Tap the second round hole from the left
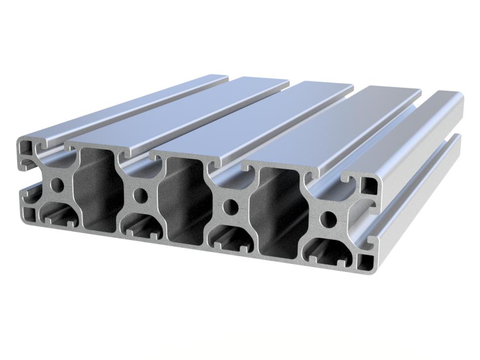point(141,195)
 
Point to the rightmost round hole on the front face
point(328,217)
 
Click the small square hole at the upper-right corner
point(367,186)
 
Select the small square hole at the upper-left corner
point(24,146)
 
